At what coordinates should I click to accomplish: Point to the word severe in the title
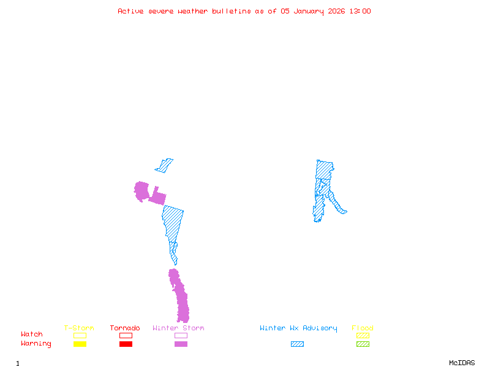tap(162, 11)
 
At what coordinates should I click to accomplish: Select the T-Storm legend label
tap(79, 328)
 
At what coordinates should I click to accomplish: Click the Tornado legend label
tap(125, 328)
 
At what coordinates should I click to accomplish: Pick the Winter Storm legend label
tap(178, 328)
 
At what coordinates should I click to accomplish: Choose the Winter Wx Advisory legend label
tap(298, 328)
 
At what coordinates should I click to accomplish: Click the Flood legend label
tap(363, 328)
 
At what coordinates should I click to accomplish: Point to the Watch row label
tap(32, 335)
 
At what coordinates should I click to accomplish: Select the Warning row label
tap(36, 344)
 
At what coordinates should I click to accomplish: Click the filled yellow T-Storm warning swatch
tap(80, 344)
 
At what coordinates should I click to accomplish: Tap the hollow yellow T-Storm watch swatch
tap(80, 335)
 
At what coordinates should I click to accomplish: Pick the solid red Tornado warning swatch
tap(126, 344)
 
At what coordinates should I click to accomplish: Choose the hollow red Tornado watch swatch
tap(126, 335)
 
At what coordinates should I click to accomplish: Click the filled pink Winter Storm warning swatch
tap(181, 344)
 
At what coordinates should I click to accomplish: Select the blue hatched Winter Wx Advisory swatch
tap(297, 344)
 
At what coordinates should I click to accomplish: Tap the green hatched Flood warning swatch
tap(363, 344)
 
